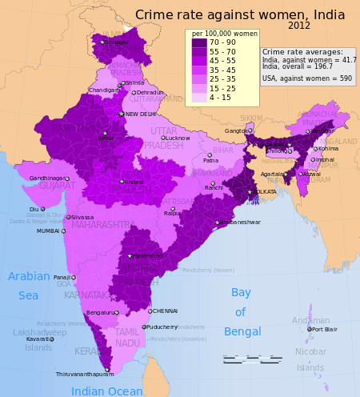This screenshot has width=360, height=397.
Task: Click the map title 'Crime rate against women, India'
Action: [x=240, y=15]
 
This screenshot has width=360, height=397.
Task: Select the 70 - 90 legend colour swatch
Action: [x=199, y=42]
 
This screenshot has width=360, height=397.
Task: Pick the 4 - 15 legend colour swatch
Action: [x=199, y=98]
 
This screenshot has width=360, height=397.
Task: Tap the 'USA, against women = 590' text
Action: [x=307, y=78]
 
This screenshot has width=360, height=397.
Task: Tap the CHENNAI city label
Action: [x=165, y=311]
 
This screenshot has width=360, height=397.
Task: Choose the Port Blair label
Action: [x=324, y=329]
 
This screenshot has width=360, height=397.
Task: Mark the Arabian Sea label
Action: [x=28, y=286]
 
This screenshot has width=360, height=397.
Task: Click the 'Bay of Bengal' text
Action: [x=240, y=311]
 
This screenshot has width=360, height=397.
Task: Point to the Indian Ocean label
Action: [x=106, y=391]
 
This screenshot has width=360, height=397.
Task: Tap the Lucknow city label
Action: [x=177, y=138]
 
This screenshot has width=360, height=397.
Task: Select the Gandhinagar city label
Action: [x=46, y=178]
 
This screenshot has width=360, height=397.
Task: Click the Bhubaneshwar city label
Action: [x=240, y=222]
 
